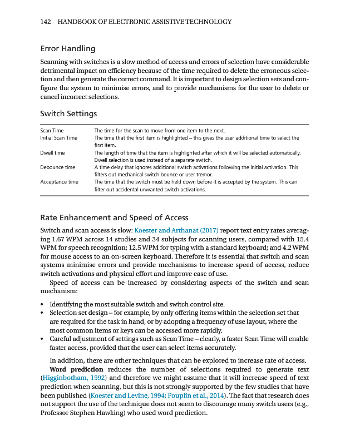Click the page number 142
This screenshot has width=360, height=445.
[x=46, y=22]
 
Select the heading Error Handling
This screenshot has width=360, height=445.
[x=67, y=48]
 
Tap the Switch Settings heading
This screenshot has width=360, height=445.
[x=68, y=113]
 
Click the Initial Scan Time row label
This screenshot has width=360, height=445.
[x=58, y=137]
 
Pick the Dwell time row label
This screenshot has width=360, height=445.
[x=52, y=152]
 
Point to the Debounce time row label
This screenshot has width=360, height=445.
[x=57, y=167]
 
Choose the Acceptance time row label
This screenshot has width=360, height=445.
[x=59, y=182]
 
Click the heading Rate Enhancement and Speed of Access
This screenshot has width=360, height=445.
[x=114, y=217]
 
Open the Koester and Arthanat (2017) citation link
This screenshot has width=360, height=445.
[x=177, y=230]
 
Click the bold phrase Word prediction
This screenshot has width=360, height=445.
[x=76, y=369]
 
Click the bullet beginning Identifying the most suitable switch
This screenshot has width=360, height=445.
[x=137, y=304]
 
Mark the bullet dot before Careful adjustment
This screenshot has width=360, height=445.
[x=43, y=339]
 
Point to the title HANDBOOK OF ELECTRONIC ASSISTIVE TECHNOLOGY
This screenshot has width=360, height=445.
[x=144, y=22]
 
